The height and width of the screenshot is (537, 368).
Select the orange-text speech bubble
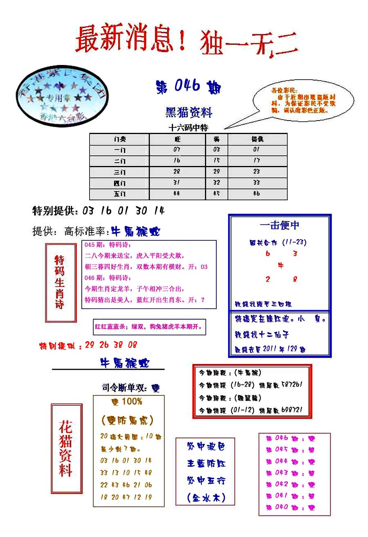[303, 100]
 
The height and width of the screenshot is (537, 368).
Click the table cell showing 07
[177, 150]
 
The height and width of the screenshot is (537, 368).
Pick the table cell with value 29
[216, 171]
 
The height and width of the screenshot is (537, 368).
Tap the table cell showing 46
[256, 193]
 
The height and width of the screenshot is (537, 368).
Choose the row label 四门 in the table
[119, 182]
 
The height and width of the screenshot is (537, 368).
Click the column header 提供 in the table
[257, 139]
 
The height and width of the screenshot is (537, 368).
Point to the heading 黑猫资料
[189, 112]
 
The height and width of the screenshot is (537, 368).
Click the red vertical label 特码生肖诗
[60, 282]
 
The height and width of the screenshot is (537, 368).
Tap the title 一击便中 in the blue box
[279, 225]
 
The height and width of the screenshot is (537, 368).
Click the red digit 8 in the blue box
[295, 280]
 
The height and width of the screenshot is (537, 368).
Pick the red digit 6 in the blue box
[268, 253]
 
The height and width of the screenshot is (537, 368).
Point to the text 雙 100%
[127, 402]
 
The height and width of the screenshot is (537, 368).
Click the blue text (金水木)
[206, 498]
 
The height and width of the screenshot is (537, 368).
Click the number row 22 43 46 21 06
[126, 485]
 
